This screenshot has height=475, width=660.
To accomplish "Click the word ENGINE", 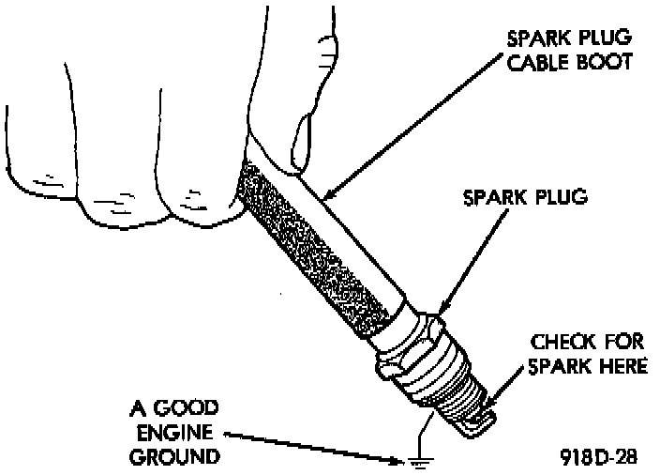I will tap(176, 434).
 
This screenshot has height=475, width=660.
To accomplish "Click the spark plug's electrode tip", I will tap(478, 424).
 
